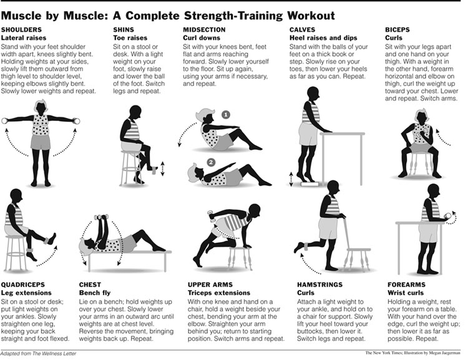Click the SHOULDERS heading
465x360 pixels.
click(x=21, y=30)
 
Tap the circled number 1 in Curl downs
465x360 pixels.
click(x=226, y=115)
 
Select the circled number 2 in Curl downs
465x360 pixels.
click(x=211, y=162)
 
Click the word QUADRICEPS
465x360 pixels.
click(x=23, y=285)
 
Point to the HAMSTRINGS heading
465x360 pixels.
click(x=320, y=285)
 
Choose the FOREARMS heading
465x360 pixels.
click(x=406, y=285)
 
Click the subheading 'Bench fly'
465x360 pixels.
click(x=95, y=293)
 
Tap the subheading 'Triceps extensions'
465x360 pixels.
click(x=219, y=293)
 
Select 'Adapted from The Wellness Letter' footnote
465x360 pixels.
click(x=38, y=354)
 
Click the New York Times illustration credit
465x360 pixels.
click(x=413, y=353)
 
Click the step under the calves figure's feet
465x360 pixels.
click(x=310, y=184)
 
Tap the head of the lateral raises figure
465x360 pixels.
click(x=41, y=107)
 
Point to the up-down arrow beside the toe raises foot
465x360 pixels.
click(x=162, y=168)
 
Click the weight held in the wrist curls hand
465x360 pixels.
click(x=448, y=216)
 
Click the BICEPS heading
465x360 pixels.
click(x=398, y=30)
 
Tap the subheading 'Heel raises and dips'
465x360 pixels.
click(x=323, y=38)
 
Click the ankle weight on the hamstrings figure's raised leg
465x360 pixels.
click(x=305, y=246)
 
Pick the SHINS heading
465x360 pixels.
click(x=124, y=30)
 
